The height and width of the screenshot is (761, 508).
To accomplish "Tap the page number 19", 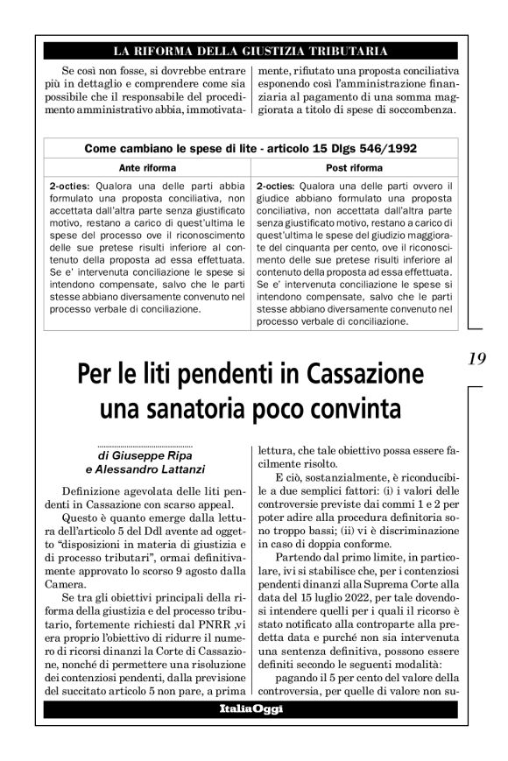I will point(477,359).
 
